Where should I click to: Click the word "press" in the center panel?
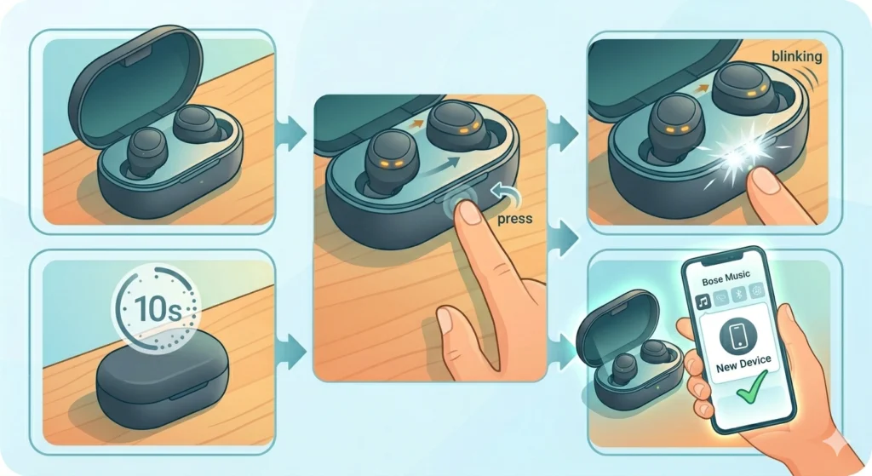point(513,219)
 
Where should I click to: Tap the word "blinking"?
point(796,56)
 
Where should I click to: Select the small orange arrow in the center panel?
point(418,123)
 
